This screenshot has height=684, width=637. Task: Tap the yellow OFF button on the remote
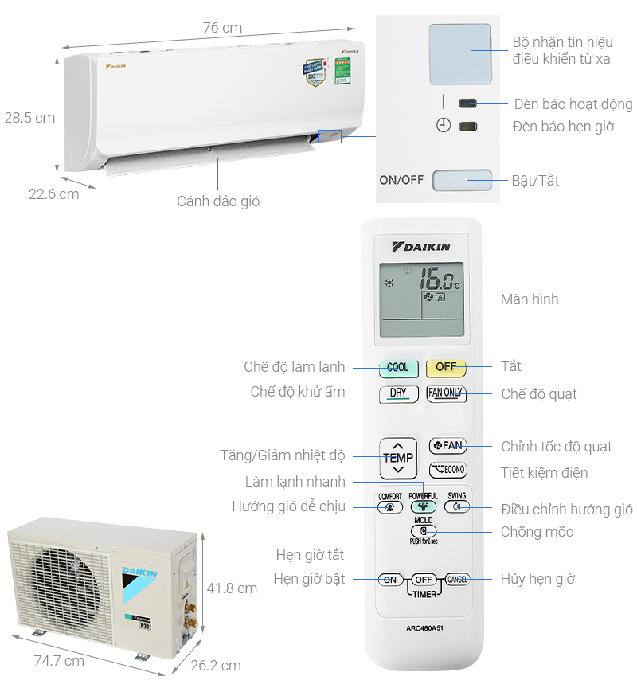tap(446, 367)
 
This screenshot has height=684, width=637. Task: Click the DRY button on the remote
tap(398, 393)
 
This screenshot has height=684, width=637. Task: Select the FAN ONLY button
tap(446, 393)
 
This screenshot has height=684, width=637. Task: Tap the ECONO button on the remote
tap(447, 470)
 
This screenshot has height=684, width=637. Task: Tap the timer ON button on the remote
tap(389, 580)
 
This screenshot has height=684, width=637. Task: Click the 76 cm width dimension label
tap(221, 28)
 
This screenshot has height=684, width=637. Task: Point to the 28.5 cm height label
tap(29, 118)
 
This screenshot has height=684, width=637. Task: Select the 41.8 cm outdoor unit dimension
tap(232, 588)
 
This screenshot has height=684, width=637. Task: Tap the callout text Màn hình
tap(530, 299)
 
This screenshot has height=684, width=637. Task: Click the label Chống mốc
tap(537, 531)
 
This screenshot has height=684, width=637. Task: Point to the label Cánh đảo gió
tap(218, 201)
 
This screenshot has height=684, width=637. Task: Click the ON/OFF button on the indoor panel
tap(462, 180)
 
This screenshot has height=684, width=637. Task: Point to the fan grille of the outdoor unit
tap(60, 574)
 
